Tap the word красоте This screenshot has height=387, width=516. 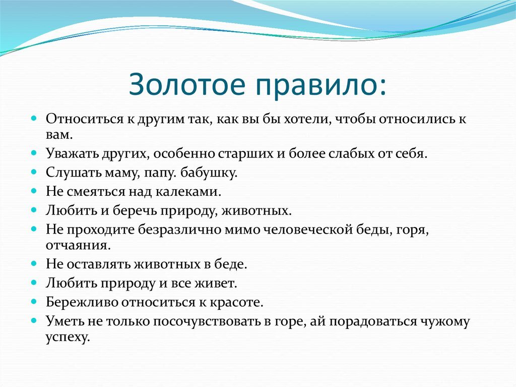coord(239,302)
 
